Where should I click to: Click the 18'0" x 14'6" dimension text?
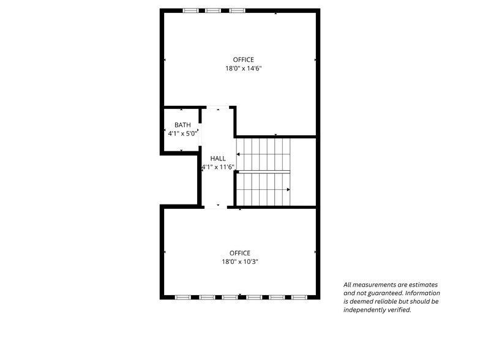[243, 69]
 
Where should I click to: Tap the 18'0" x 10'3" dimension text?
[240, 261]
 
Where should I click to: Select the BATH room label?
[182, 125]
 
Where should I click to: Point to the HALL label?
[218, 158]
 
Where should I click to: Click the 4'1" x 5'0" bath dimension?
[182, 133]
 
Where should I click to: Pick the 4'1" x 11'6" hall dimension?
[218, 167]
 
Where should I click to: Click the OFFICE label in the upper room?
[243, 59]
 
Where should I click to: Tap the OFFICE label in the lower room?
[240, 253]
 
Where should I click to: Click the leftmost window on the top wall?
[191, 10]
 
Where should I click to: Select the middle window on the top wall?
[213, 10]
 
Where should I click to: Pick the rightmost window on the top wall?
[237, 10]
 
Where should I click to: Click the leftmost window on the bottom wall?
[184, 297]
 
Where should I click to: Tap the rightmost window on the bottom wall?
[299, 297]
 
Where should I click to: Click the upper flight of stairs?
[263, 154]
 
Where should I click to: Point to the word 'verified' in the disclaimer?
[398, 310]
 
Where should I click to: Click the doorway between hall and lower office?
[216, 207]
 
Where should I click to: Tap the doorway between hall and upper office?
[217, 108]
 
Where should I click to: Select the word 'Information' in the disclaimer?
[423, 293]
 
